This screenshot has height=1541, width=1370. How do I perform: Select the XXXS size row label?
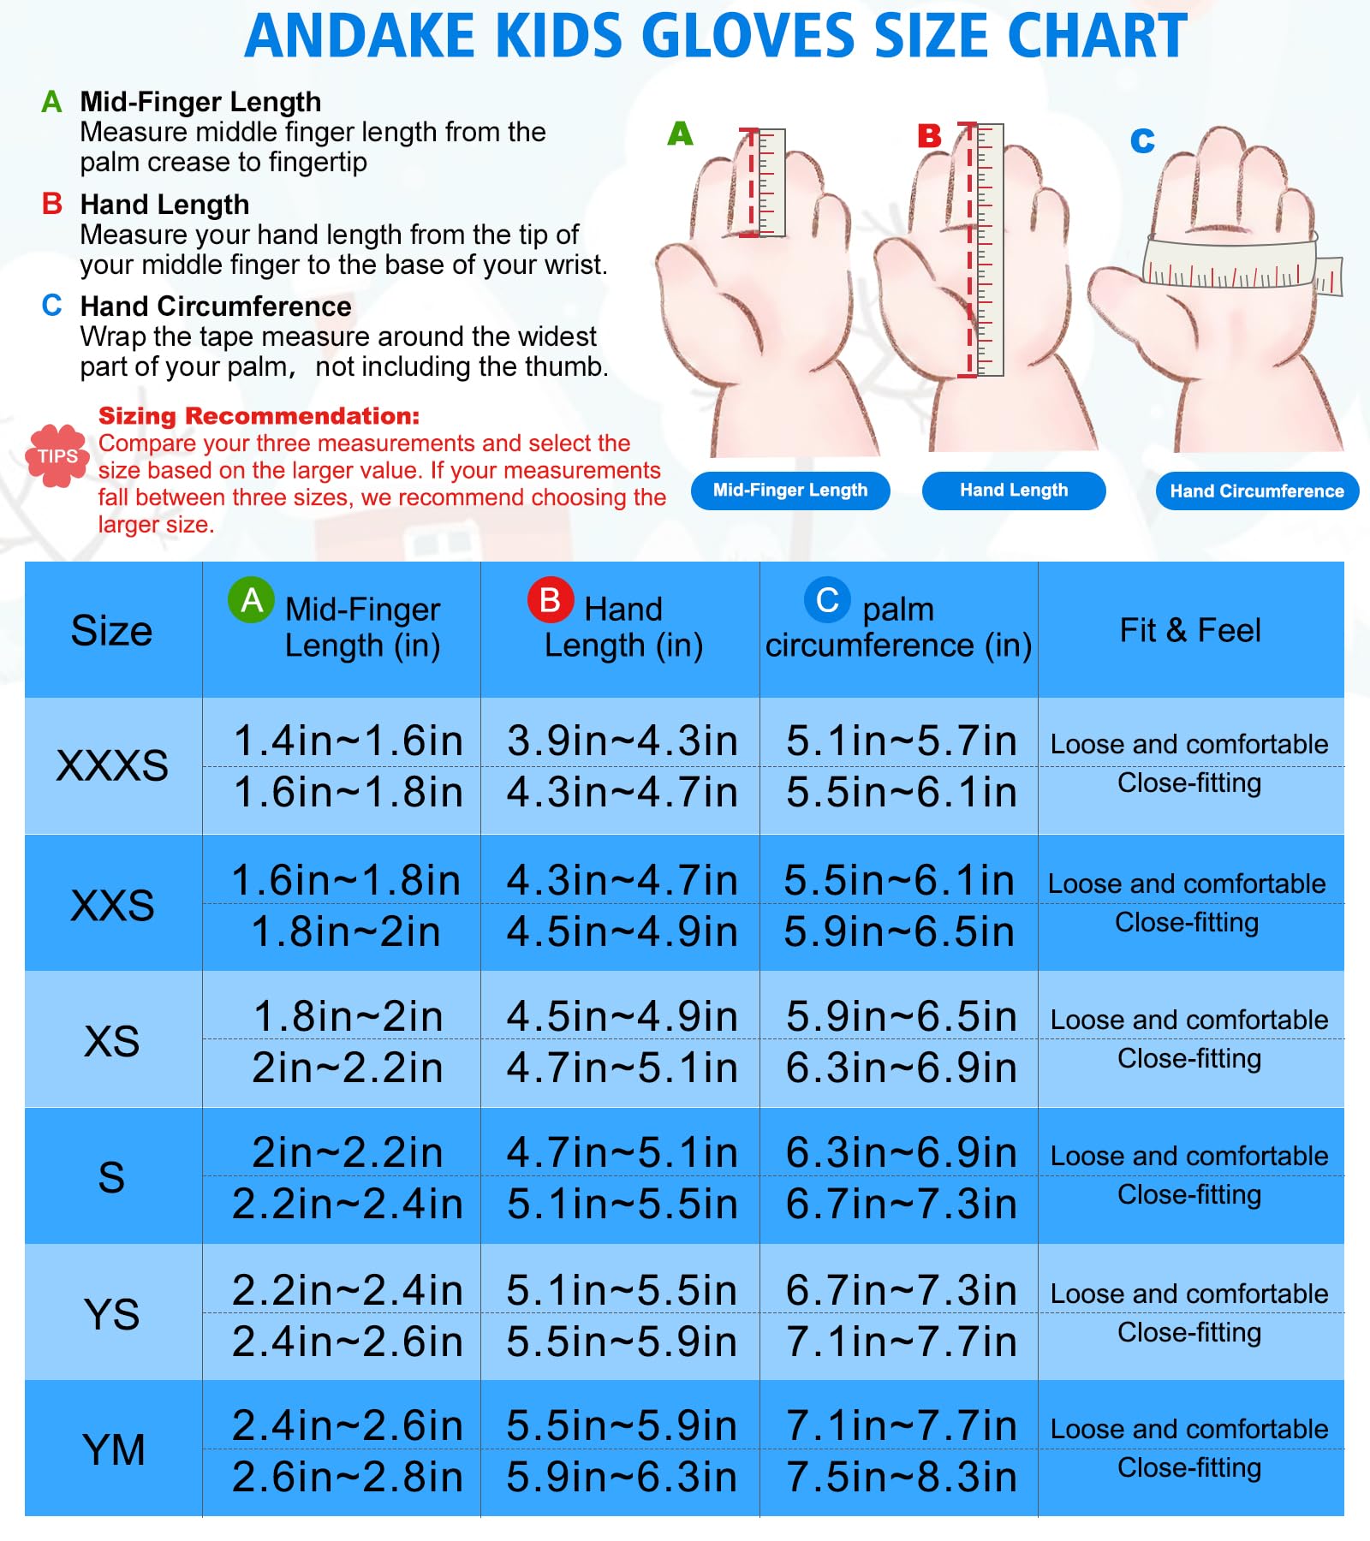tap(112, 765)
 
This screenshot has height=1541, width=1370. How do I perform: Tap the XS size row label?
tap(112, 1041)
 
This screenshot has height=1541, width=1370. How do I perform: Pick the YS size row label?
tap(112, 1314)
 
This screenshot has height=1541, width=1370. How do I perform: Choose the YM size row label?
tap(114, 1450)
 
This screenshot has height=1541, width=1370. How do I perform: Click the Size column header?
tap(111, 631)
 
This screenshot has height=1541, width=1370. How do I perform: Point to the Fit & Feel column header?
tap(1190, 630)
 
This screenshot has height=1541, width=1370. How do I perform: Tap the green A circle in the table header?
tap(252, 600)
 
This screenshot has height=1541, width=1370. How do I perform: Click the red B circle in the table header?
tap(551, 600)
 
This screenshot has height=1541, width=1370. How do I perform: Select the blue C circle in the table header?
tap(827, 600)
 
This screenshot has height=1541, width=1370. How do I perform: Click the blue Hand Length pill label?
tap(1014, 491)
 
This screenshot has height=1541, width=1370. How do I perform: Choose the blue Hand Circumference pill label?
tap(1257, 491)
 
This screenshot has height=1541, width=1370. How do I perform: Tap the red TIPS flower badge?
tap(57, 455)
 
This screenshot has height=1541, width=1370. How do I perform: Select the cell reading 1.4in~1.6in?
tap(348, 741)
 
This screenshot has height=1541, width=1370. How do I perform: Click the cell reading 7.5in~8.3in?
tap(902, 1477)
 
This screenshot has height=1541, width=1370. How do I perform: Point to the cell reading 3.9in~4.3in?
tap(622, 741)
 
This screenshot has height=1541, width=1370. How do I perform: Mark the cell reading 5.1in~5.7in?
tap(902, 741)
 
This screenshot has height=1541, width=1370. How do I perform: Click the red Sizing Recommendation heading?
tap(259, 416)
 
